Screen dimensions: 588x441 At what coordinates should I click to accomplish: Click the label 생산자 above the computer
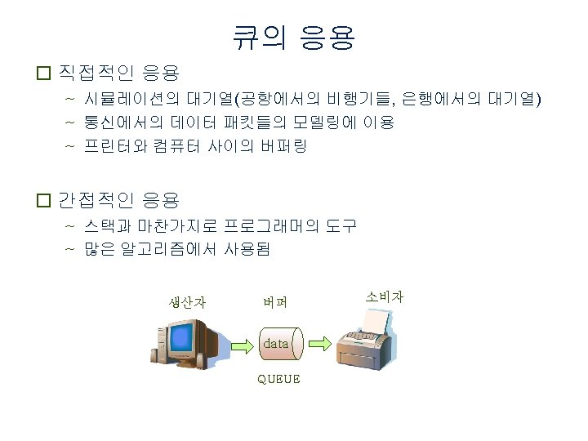pyautogui.click(x=187, y=301)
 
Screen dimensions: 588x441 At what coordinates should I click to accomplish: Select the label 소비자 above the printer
pyautogui.click(x=385, y=296)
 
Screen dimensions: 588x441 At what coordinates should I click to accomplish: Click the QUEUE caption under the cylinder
pyautogui.click(x=278, y=379)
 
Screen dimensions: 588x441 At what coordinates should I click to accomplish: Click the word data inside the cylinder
pyautogui.click(x=275, y=344)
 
